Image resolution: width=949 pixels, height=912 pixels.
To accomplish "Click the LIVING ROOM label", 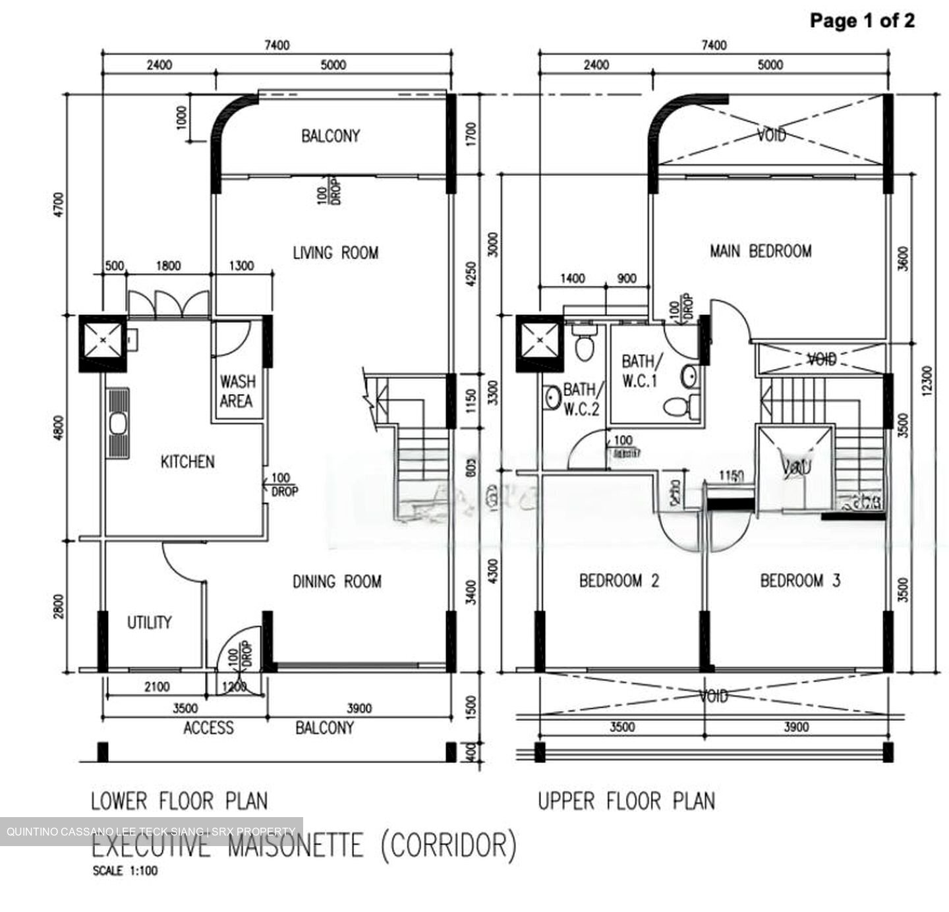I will coord(335,253).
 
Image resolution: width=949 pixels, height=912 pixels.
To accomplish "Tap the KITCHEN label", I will coord(187,461).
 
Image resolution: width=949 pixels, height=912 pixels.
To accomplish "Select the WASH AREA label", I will coord(237,391).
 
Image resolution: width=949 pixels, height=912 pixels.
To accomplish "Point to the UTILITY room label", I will coord(149,623).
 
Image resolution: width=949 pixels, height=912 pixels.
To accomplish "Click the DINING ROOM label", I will coord(337,581).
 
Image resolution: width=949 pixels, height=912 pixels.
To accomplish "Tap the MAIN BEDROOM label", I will coord(761,251).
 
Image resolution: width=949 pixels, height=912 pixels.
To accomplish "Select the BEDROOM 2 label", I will coord(619,581).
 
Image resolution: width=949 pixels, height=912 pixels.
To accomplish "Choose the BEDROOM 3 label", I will coord(800,581).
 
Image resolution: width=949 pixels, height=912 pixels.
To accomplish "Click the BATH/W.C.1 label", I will coord(639,371).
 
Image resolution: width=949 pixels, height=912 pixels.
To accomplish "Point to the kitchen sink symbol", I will coord(119,424).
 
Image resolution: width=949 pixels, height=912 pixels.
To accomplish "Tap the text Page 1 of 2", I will coord(861,20).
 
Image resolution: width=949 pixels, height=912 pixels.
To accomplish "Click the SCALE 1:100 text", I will coord(125,871).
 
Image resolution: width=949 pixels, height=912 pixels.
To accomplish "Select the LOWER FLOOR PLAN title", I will coord(179,801).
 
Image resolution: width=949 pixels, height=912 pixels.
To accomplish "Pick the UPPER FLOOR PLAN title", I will coord(626,801).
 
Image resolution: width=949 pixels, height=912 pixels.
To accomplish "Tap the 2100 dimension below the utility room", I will coord(156,687).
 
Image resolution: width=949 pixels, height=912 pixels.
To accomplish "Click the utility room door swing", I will coord(181,561).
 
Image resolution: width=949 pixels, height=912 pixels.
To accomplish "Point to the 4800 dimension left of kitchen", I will coord(59,428).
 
